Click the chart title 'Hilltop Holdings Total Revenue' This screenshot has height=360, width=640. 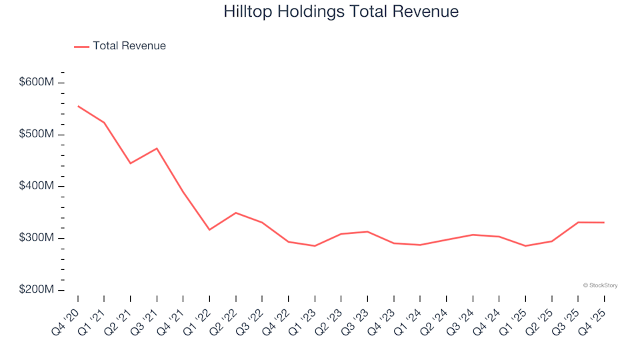[341, 12]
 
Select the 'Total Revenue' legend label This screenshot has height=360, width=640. [129, 46]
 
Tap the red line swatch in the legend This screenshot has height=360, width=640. [81, 46]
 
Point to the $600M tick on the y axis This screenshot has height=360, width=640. [37, 82]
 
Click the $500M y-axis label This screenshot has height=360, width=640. [37, 134]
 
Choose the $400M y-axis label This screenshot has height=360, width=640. [37, 186]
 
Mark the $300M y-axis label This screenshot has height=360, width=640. [37, 238]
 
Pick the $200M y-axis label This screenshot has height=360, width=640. [37, 290]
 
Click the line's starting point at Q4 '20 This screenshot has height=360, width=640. [78, 106]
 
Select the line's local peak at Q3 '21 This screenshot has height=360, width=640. [157, 148]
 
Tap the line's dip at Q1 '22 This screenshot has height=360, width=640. [209, 230]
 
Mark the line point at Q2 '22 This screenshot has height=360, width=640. [235, 213]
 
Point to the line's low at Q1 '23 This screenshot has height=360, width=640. [315, 246]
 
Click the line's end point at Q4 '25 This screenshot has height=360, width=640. [604, 223]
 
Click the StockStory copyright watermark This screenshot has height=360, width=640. [600, 285]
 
